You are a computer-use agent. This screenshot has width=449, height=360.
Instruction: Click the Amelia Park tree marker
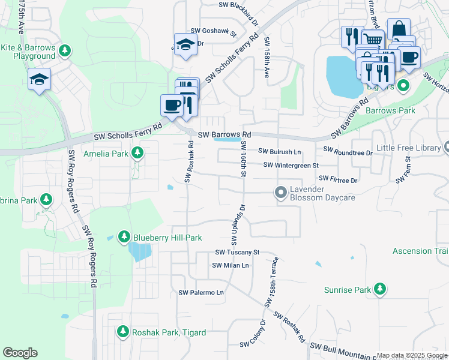pyautogui.click(x=137, y=154)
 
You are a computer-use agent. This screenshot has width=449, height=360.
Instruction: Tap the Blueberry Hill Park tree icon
pyautogui.click(x=124, y=237)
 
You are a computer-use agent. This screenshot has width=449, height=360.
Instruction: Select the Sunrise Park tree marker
pyautogui.click(x=379, y=290)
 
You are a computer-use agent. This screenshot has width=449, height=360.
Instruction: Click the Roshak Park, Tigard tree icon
pyautogui.click(x=123, y=332)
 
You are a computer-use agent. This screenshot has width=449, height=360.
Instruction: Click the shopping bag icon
pyautogui.click(x=399, y=30)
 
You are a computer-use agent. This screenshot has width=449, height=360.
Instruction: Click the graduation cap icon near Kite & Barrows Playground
pyautogui.click(x=39, y=80)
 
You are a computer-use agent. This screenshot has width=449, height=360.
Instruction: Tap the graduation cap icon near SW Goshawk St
pyautogui.click(x=185, y=45)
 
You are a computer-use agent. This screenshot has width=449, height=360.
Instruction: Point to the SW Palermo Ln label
pyautogui.click(x=201, y=292)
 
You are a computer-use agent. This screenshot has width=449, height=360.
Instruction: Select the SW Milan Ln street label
pyautogui.click(x=230, y=265)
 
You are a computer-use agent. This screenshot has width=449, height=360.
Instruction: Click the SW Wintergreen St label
pyautogui.click(x=291, y=165)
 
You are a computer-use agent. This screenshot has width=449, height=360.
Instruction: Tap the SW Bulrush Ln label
pyautogui.click(x=280, y=152)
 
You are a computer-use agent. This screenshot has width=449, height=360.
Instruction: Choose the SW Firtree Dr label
pyautogui.click(x=338, y=179)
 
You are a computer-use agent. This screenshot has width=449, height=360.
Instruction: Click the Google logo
pyautogui.click(x=20, y=353)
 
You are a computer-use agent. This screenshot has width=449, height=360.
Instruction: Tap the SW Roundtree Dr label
pyautogui.click(x=348, y=152)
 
